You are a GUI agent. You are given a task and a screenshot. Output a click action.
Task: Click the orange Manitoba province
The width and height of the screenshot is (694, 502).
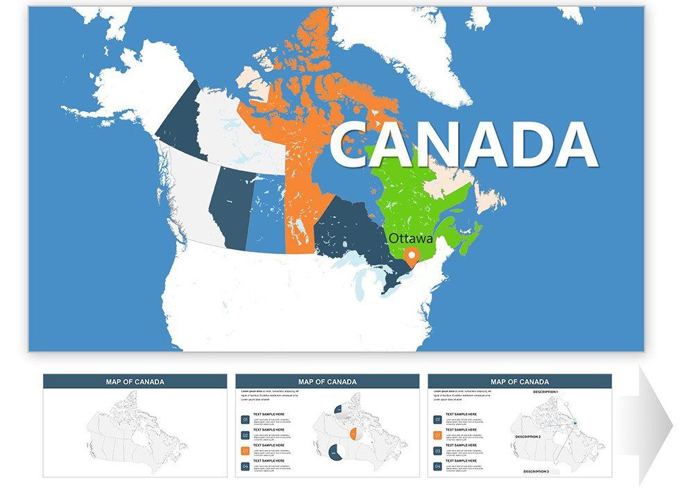click(300, 215)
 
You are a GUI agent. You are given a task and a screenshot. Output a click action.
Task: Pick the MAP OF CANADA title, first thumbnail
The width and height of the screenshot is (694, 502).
click(135, 381)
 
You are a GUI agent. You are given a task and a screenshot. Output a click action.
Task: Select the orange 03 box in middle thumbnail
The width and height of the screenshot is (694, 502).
click(245, 451)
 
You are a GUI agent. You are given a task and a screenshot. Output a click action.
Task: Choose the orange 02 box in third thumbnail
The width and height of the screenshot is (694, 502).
click(437, 435)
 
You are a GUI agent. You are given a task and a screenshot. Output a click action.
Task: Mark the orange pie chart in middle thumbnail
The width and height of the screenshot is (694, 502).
click(354, 435)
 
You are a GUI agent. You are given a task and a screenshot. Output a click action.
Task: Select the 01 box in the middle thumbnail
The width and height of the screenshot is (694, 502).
click(245, 420)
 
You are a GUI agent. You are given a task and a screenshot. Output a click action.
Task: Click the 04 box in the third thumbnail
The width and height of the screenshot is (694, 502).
click(437, 466)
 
